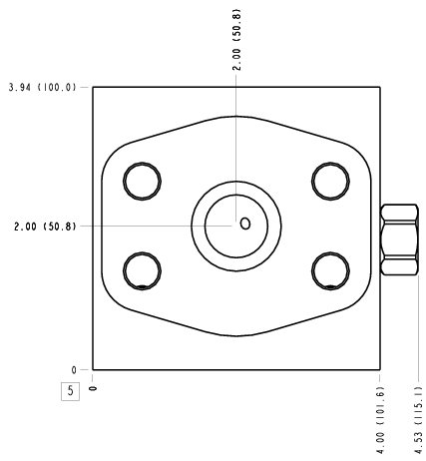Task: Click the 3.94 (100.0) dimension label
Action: pyautogui.click(x=43, y=88)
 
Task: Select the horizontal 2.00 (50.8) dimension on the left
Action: pyautogui.click(x=45, y=227)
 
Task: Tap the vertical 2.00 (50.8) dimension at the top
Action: pyautogui.click(x=236, y=39)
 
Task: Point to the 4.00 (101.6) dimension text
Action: pyautogui.click(x=380, y=420)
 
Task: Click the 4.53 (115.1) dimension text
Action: pyautogui.click(x=418, y=420)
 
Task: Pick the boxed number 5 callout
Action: pyautogui.click(x=70, y=391)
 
